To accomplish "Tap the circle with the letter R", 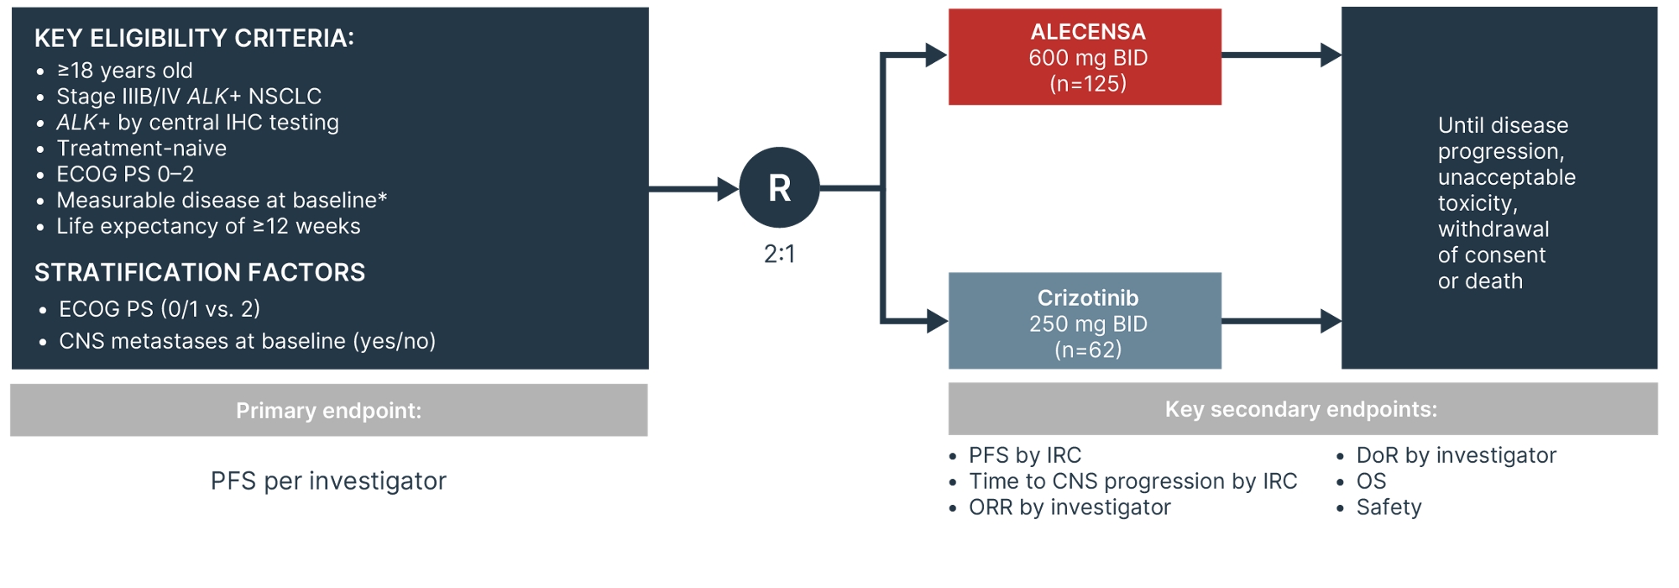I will [x=779, y=187].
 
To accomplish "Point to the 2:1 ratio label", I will [x=779, y=254].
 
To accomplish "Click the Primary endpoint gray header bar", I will [x=328, y=410].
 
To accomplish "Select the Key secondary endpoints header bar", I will [x=1301, y=409].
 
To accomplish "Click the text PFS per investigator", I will [x=328, y=480].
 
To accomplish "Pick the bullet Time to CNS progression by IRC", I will [x=1132, y=481].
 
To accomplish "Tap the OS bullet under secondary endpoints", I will [x=1371, y=481].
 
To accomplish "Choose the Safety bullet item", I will [x=1389, y=507].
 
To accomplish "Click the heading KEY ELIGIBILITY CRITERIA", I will [x=194, y=38].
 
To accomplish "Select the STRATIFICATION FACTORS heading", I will [x=200, y=272].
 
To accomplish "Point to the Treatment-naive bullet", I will [x=141, y=149].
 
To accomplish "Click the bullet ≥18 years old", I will [x=124, y=71].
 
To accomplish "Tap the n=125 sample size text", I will [x=1088, y=83].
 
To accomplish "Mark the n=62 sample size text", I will [x=1088, y=349].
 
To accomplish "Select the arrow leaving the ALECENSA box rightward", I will [x=1280, y=55].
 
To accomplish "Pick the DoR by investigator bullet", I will [x=1456, y=455].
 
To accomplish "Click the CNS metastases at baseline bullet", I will [x=247, y=341].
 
